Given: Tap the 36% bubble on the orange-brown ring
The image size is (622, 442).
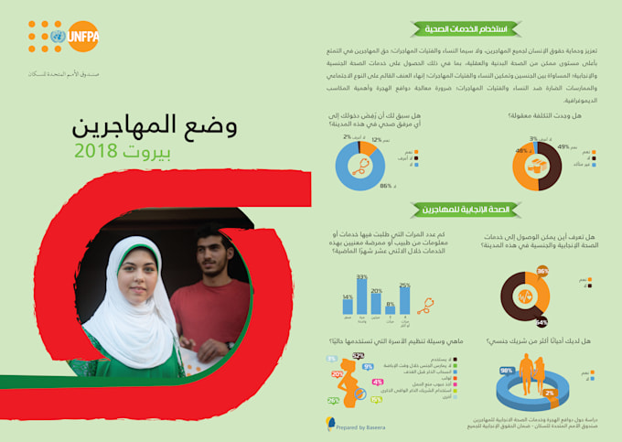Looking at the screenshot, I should [x=542, y=272].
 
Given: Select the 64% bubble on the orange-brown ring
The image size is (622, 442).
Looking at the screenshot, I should [x=542, y=322].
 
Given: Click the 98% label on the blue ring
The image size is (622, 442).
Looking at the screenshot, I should [x=505, y=371].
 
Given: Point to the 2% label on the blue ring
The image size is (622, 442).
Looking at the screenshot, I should [x=549, y=393].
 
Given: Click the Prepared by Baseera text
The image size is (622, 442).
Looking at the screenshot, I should [x=359, y=426].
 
